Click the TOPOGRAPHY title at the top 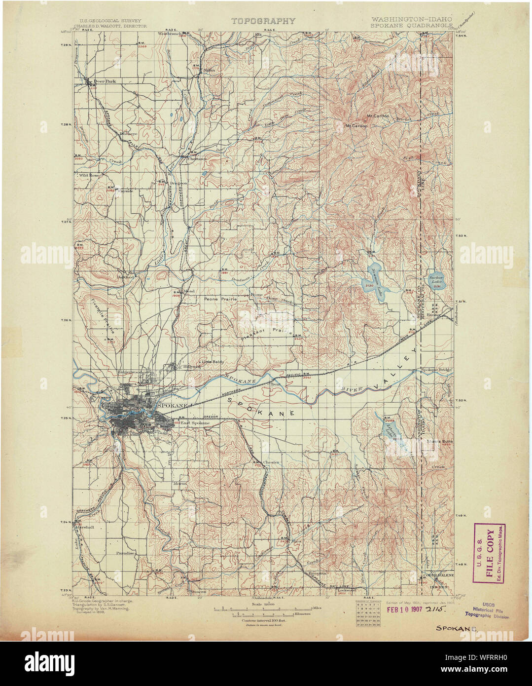(x=263, y=21)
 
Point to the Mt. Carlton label (x=378, y=116)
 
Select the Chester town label (x=271, y=462)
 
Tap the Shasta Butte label (x=440, y=441)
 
